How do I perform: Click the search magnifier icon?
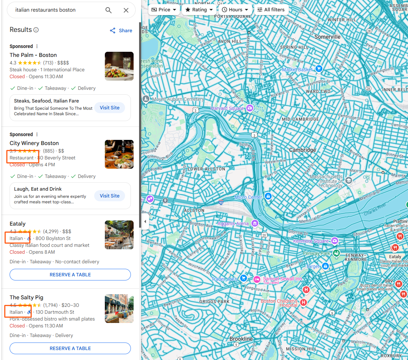109,10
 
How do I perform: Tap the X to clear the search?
126,10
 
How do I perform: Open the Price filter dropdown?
164,10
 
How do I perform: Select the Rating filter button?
199,10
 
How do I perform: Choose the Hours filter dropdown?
235,10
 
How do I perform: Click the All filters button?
271,10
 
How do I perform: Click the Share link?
121,31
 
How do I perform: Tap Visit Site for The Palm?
110,108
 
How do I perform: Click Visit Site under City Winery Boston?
110,196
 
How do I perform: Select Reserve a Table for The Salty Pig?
70,348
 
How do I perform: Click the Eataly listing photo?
119,235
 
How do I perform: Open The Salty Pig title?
26,297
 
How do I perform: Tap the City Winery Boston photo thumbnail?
119,154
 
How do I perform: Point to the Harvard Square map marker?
250,108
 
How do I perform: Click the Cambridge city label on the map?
302,150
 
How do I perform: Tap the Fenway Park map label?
317,253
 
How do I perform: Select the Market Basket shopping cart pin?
319,69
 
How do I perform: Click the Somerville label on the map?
327,37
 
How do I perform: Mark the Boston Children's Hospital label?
279,303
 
